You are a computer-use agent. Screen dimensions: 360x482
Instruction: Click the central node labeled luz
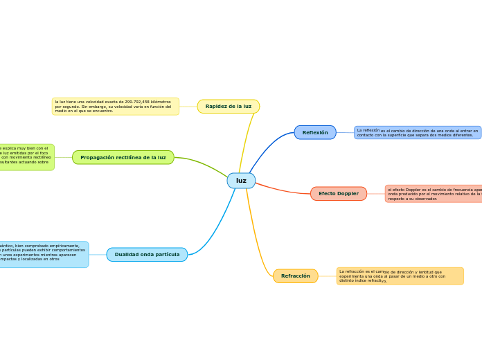click(x=241, y=181)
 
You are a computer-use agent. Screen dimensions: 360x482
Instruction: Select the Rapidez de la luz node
click(x=229, y=107)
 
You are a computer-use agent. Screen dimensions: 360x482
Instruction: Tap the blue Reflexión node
click(x=315, y=132)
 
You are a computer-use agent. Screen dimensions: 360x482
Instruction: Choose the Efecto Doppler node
click(x=339, y=194)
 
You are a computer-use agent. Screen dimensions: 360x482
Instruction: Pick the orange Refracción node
click(x=296, y=276)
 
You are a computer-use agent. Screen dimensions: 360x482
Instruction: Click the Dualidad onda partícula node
click(x=147, y=255)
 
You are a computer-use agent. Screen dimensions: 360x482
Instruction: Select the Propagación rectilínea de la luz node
click(x=123, y=158)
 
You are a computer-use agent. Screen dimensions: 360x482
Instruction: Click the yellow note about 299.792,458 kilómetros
click(x=116, y=106)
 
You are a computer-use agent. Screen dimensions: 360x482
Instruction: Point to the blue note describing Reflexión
click(x=418, y=132)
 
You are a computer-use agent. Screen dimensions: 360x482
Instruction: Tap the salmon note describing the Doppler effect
click(x=434, y=194)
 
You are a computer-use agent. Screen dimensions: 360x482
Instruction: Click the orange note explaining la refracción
click(x=400, y=276)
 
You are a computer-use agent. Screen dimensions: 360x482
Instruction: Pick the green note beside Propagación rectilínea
click(x=26, y=157)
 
